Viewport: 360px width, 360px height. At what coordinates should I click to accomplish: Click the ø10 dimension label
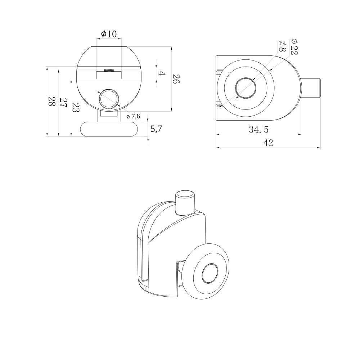coord(109,34)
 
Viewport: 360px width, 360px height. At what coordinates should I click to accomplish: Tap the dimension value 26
coord(176,79)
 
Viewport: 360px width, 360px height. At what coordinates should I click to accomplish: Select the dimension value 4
coord(162,74)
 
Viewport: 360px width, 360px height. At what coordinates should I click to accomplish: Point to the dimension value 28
coord(51,101)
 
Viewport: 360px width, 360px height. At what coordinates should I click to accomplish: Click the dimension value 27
coord(64,103)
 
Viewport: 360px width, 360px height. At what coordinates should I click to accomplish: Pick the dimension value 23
coord(76,107)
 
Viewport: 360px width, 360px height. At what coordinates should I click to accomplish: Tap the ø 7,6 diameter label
coord(133,116)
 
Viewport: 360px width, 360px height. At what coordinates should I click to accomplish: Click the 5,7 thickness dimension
coord(156,129)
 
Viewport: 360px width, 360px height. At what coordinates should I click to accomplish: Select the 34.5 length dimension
coord(259,130)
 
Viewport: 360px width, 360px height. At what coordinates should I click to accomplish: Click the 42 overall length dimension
coord(268,143)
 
